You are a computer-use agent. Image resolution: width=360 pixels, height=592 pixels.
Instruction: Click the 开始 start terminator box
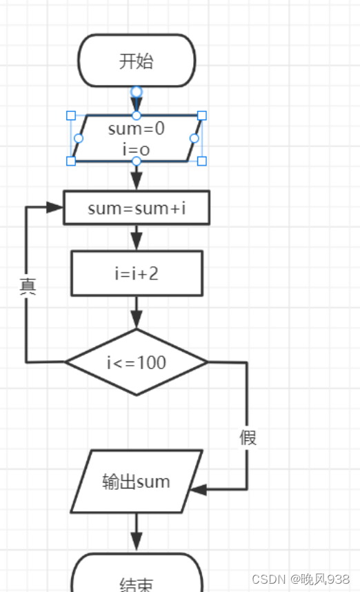click(137, 61)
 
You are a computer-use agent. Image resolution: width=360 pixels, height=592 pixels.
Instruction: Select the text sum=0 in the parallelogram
click(136, 128)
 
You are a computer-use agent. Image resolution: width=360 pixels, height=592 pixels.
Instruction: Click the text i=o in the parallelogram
click(136, 148)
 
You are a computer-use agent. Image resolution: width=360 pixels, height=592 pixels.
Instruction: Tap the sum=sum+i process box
click(137, 208)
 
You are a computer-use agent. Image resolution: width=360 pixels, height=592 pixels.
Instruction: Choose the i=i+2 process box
click(137, 273)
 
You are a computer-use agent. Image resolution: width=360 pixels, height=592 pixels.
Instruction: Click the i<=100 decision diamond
click(137, 362)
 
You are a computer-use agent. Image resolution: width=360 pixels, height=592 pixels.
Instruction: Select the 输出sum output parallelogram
click(137, 481)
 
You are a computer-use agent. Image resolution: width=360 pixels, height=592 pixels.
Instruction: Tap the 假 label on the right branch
click(248, 437)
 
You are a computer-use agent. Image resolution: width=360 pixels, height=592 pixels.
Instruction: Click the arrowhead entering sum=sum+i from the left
click(55, 207)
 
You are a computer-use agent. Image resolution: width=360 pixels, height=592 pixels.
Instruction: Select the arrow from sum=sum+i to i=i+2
click(137, 237)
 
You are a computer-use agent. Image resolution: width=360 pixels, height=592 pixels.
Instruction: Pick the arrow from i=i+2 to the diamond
click(137, 313)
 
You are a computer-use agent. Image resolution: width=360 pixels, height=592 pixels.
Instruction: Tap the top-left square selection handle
click(70, 115)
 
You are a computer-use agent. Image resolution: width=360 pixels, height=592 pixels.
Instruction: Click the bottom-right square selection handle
click(202, 161)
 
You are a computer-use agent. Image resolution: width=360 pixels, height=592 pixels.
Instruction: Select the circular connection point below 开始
click(137, 91)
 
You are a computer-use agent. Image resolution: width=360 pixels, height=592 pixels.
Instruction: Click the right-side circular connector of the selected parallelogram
click(194, 138)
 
